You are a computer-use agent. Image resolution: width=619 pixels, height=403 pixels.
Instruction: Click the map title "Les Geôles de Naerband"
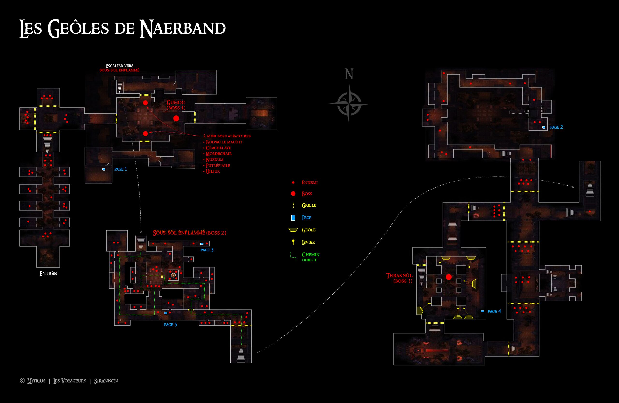pyautogui.click(x=123, y=28)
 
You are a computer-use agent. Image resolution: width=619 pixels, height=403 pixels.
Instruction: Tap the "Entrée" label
pyautogui.click(x=48, y=273)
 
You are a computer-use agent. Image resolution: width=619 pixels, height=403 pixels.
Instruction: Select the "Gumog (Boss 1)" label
pyautogui.click(x=176, y=105)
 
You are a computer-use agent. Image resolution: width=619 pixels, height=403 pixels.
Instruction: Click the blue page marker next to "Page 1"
pyautogui.click(x=104, y=169)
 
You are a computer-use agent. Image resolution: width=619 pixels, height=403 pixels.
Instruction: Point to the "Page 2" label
pyautogui.click(x=556, y=127)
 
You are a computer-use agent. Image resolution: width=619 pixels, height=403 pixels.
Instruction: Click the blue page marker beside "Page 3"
pyautogui.click(x=202, y=244)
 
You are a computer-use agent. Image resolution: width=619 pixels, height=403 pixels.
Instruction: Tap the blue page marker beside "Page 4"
pyautogui.click(x=482, y=311)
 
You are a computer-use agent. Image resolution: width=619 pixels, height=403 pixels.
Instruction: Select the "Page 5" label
pyautogui.click(x=170, y=324)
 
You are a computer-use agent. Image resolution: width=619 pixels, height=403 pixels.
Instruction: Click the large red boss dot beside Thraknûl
pyautogui.click(x=449, y=277)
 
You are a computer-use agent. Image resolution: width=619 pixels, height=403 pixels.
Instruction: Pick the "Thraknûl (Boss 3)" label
pyautogui.click(x=399, y=278)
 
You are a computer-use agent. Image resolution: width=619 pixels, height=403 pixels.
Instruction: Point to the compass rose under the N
pyautogui.click(x=349, y=103)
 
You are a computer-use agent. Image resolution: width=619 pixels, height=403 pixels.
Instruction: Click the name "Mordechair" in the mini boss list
pyautogui.click(x=219, y=154)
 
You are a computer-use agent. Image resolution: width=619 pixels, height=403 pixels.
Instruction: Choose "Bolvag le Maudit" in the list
pyautogui.click(x=224, y=142)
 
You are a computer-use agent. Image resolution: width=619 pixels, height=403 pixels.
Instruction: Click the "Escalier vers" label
pyautogui.click(x=119, y=66)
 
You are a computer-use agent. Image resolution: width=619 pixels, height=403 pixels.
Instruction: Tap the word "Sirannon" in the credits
pyautogui.click(x=106, y=381)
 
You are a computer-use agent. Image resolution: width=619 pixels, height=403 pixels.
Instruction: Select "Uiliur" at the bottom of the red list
pyautogui.click(x=213, y=171)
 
